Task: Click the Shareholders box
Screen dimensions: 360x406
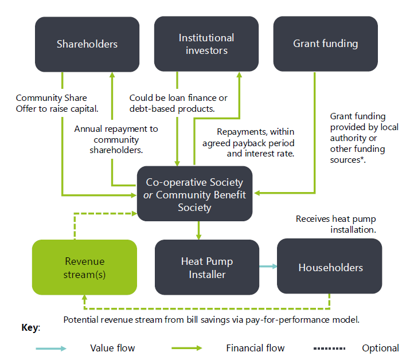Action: [87, 44]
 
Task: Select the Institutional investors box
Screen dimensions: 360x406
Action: [206, 44]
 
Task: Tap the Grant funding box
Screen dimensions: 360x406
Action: [325, 44]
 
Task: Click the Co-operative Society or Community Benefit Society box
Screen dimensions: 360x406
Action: [195, 194]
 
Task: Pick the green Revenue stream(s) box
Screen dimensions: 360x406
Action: [85, 268]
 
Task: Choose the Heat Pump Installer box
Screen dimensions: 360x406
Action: [207, 268]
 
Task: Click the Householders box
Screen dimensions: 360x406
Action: [330, 267]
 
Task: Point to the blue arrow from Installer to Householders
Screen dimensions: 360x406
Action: [267, 266]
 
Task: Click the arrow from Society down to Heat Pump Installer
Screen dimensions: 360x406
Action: [198, 230]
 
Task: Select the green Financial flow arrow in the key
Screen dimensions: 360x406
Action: [187, 348]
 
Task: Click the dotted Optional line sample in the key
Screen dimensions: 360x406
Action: [329, 348]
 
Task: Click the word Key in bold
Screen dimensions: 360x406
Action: [30, 328]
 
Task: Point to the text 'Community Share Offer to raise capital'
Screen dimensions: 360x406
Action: [57, 103]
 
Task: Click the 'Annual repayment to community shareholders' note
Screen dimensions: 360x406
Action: [116, 139]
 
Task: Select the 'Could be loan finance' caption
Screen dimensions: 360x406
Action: [178, 103]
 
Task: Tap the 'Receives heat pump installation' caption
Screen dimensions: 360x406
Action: [336, 224]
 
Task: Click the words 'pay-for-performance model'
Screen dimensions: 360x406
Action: [309, 319]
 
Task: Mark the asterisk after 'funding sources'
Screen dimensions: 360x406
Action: [365, 159]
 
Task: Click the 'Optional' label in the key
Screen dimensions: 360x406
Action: [380, 348]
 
